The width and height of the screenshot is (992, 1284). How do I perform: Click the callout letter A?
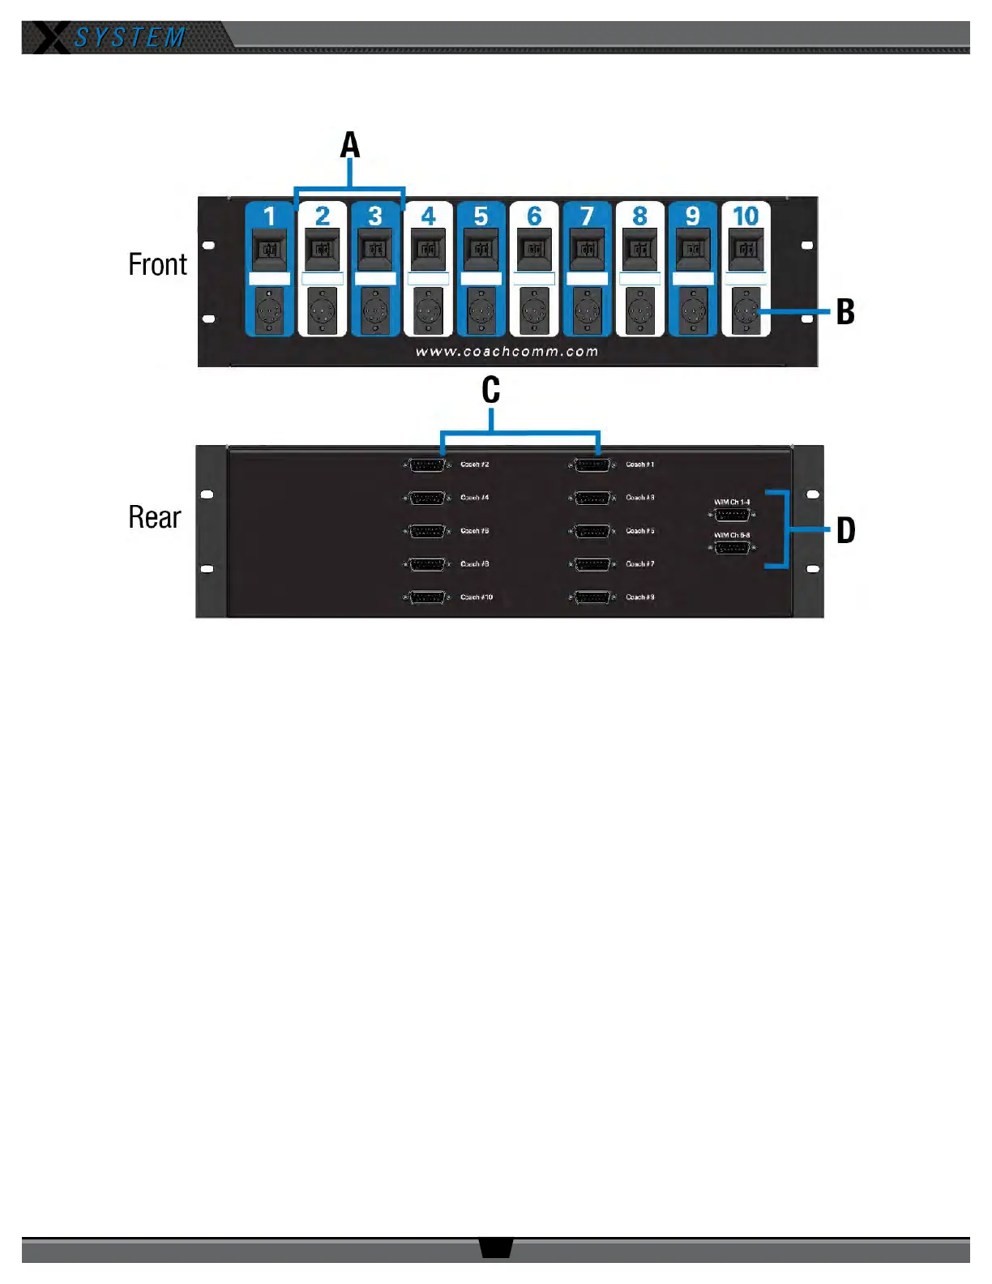[349, 146]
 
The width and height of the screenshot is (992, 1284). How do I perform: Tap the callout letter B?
[845, 312]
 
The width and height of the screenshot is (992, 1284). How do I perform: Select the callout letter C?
[490, 391]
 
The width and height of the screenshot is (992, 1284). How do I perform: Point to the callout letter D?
[845, 531]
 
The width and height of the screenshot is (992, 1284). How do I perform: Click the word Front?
[157, 265]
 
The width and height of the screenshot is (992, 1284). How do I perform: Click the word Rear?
[154, 518]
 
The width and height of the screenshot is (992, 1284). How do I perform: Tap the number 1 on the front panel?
[270, 216]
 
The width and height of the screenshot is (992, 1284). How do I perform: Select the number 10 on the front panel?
[746, 216]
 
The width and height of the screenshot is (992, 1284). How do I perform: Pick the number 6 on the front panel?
[534, 216]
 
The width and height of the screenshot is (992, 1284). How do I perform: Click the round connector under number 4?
[428, 311]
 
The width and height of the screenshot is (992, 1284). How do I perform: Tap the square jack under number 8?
[640, 249]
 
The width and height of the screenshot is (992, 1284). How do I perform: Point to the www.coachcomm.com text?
[507, 352]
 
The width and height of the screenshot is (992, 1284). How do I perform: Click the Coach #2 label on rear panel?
[475, 464]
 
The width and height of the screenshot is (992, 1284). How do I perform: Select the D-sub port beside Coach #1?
[592, 465]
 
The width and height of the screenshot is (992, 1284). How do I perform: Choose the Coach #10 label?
[477, 597]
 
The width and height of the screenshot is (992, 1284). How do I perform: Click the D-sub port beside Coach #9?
[592, 597]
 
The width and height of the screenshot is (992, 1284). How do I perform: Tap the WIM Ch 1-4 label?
[732, 503]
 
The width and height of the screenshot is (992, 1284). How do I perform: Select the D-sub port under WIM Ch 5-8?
[732, 549]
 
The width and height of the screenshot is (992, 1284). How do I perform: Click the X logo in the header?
[51, 38]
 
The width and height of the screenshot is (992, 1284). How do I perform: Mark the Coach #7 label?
[640, 564]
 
